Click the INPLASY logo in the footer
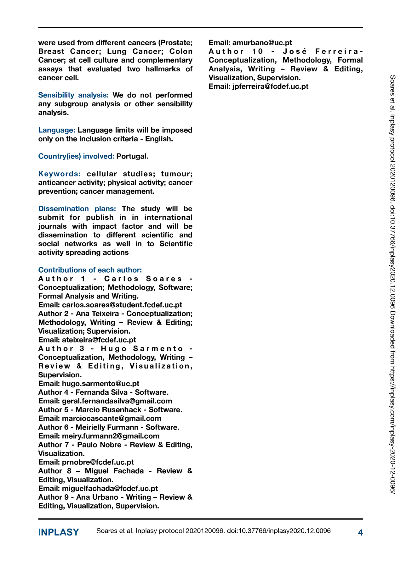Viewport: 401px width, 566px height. pyautogui.click(x=59, y=532)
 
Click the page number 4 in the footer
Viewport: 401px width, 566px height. pyautogui.click(x=360, y=533)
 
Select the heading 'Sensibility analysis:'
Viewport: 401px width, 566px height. pyautogui.click(x=73, y=95)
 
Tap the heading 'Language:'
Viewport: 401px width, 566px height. pyautogui.click(x=57, y=130)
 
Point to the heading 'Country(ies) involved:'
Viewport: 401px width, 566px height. pyautogui.click(x=76, y=156)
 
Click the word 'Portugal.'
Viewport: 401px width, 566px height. pyautogui.click(x=132, y=156)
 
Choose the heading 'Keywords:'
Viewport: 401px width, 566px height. pyautogui.click(x=60, y=174)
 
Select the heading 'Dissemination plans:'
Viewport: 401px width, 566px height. pyautogui.click(x=77, y=209)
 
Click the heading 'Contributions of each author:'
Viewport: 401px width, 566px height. pyautogui.click(x=90, y=270)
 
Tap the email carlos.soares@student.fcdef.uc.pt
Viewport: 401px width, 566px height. pyautogui.click(x=122, y=305)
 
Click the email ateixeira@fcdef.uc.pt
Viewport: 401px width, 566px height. pyautogui.click(x=99, y=340)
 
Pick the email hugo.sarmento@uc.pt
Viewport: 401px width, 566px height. pyautogui.click(x=100, y=384)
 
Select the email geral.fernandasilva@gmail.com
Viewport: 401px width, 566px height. pyautogui.click(x=117, y=401)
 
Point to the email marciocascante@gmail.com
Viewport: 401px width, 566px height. pyautogui.click(x=112, y=419)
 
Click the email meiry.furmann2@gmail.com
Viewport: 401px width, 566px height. pyautogui.click(x=111, y=436)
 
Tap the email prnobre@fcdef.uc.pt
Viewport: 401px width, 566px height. pyautogui.click(x=98, y=462)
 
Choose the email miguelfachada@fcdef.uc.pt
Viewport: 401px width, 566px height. pyautogui.click(x=110, y=489)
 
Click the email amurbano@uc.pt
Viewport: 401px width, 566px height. pyautogui.click(x=262, y=43)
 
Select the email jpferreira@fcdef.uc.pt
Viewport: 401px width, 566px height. pyautogui.click(x=270, y=86)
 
